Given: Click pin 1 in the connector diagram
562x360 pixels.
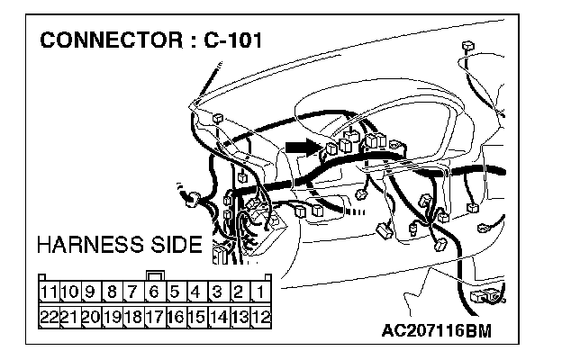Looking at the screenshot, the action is click(259, 292).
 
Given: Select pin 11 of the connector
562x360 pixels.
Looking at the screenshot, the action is click(50, 292).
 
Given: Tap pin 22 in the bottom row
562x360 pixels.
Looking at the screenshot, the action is click(50, 315).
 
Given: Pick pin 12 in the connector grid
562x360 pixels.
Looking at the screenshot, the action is click(259, 315).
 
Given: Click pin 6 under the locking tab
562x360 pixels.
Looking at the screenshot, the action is click(154, 292).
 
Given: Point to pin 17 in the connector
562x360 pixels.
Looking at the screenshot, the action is click(154, 315).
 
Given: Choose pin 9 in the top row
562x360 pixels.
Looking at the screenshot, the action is click(90, 292).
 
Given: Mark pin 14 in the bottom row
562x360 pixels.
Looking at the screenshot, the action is click(218, 315).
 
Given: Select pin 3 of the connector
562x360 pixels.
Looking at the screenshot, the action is click(218, 292).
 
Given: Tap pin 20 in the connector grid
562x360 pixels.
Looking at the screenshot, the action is click(90, 315).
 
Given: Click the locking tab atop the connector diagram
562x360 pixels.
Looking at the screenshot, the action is click(154, 275).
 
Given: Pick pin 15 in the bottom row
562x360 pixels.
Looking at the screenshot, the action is click(196, 315).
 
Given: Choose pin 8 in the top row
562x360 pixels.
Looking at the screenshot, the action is click(112, 292).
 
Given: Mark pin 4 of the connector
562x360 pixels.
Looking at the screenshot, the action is click(196, 292).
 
